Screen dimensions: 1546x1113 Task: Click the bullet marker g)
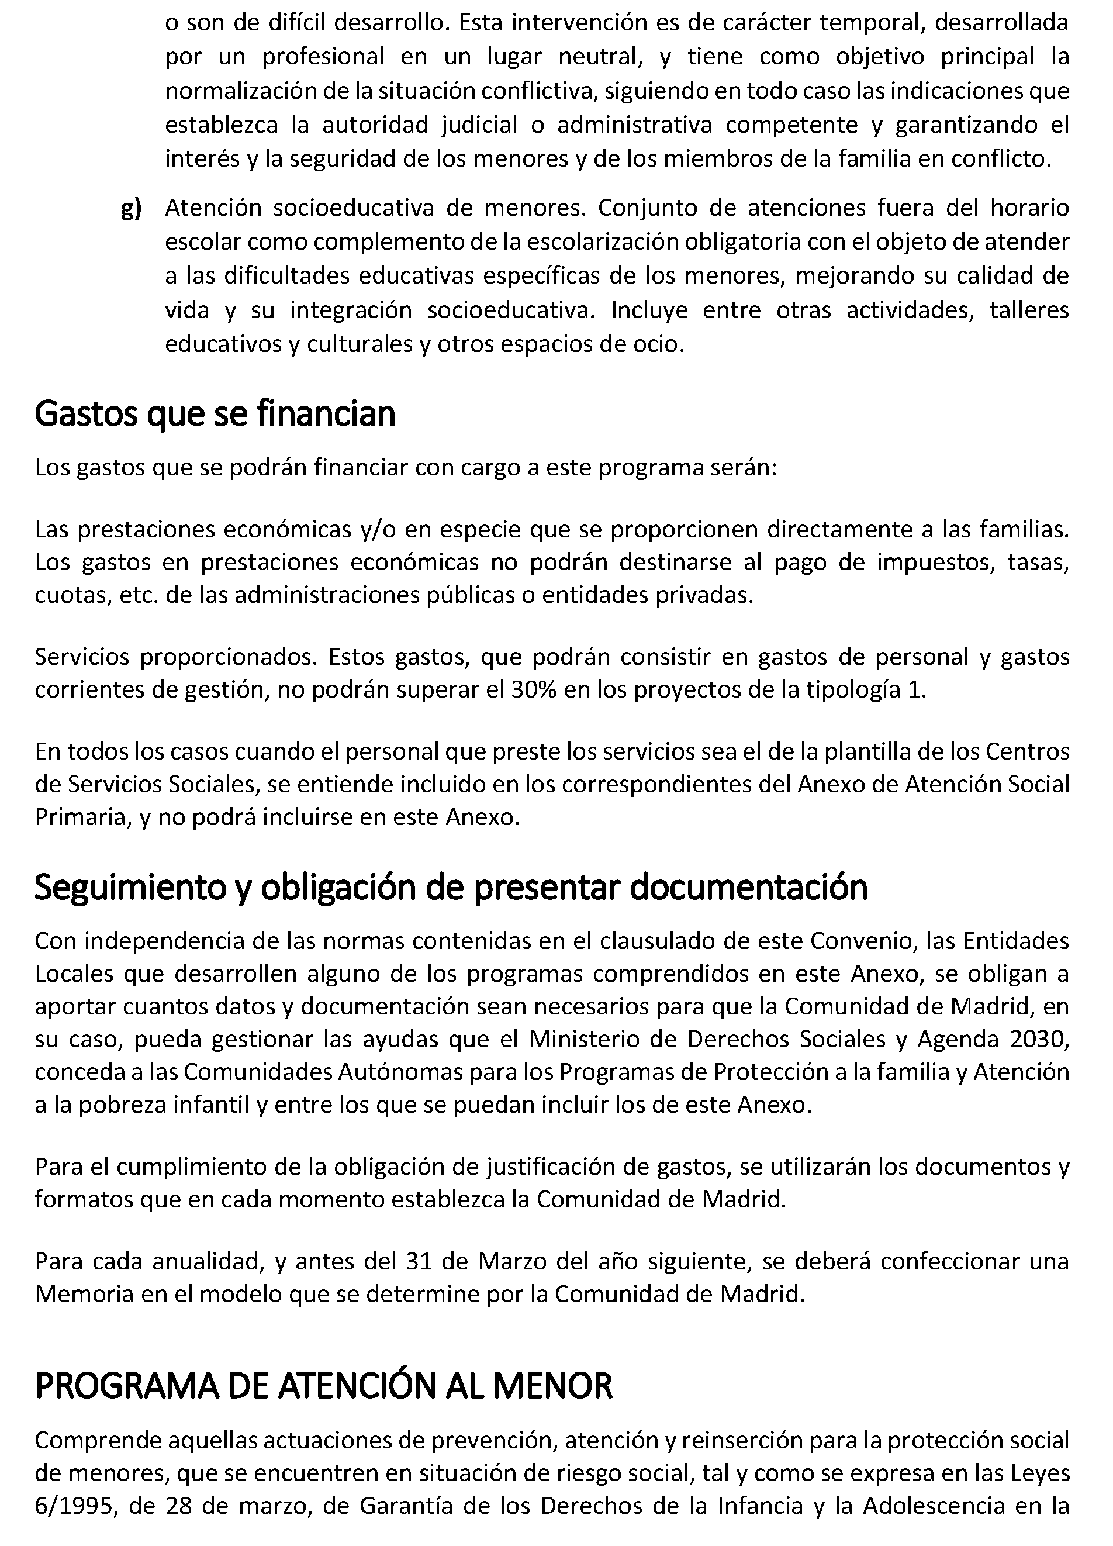tap(131, 209)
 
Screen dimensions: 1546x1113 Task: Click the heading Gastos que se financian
tap(215, 414)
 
